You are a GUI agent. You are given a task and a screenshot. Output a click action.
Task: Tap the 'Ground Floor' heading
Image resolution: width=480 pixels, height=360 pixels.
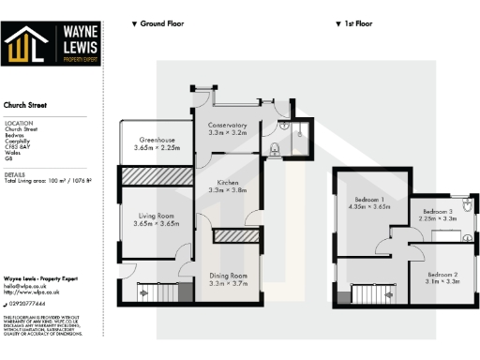pyautogui.click(x=158, y=22)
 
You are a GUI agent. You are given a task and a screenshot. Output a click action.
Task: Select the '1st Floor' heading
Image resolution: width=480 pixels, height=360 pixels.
pyautogui.click(x=354, y=22)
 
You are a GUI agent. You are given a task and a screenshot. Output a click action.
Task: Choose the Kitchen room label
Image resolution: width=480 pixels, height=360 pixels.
pyautogui.click(x=225, y=186)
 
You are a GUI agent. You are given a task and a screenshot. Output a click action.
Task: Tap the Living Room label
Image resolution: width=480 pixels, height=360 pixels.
pyautogui.click(x=155, y=219)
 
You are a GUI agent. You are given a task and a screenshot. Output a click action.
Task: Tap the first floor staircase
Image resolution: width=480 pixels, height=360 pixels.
pyautogui.click(x=368, y=294)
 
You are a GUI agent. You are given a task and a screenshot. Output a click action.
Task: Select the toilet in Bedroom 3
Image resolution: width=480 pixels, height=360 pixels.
pyautogui.click(x=466, y=202)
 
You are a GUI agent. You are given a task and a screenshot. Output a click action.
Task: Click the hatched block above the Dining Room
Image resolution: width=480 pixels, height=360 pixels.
pyautogui.click(x=228, y=237)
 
